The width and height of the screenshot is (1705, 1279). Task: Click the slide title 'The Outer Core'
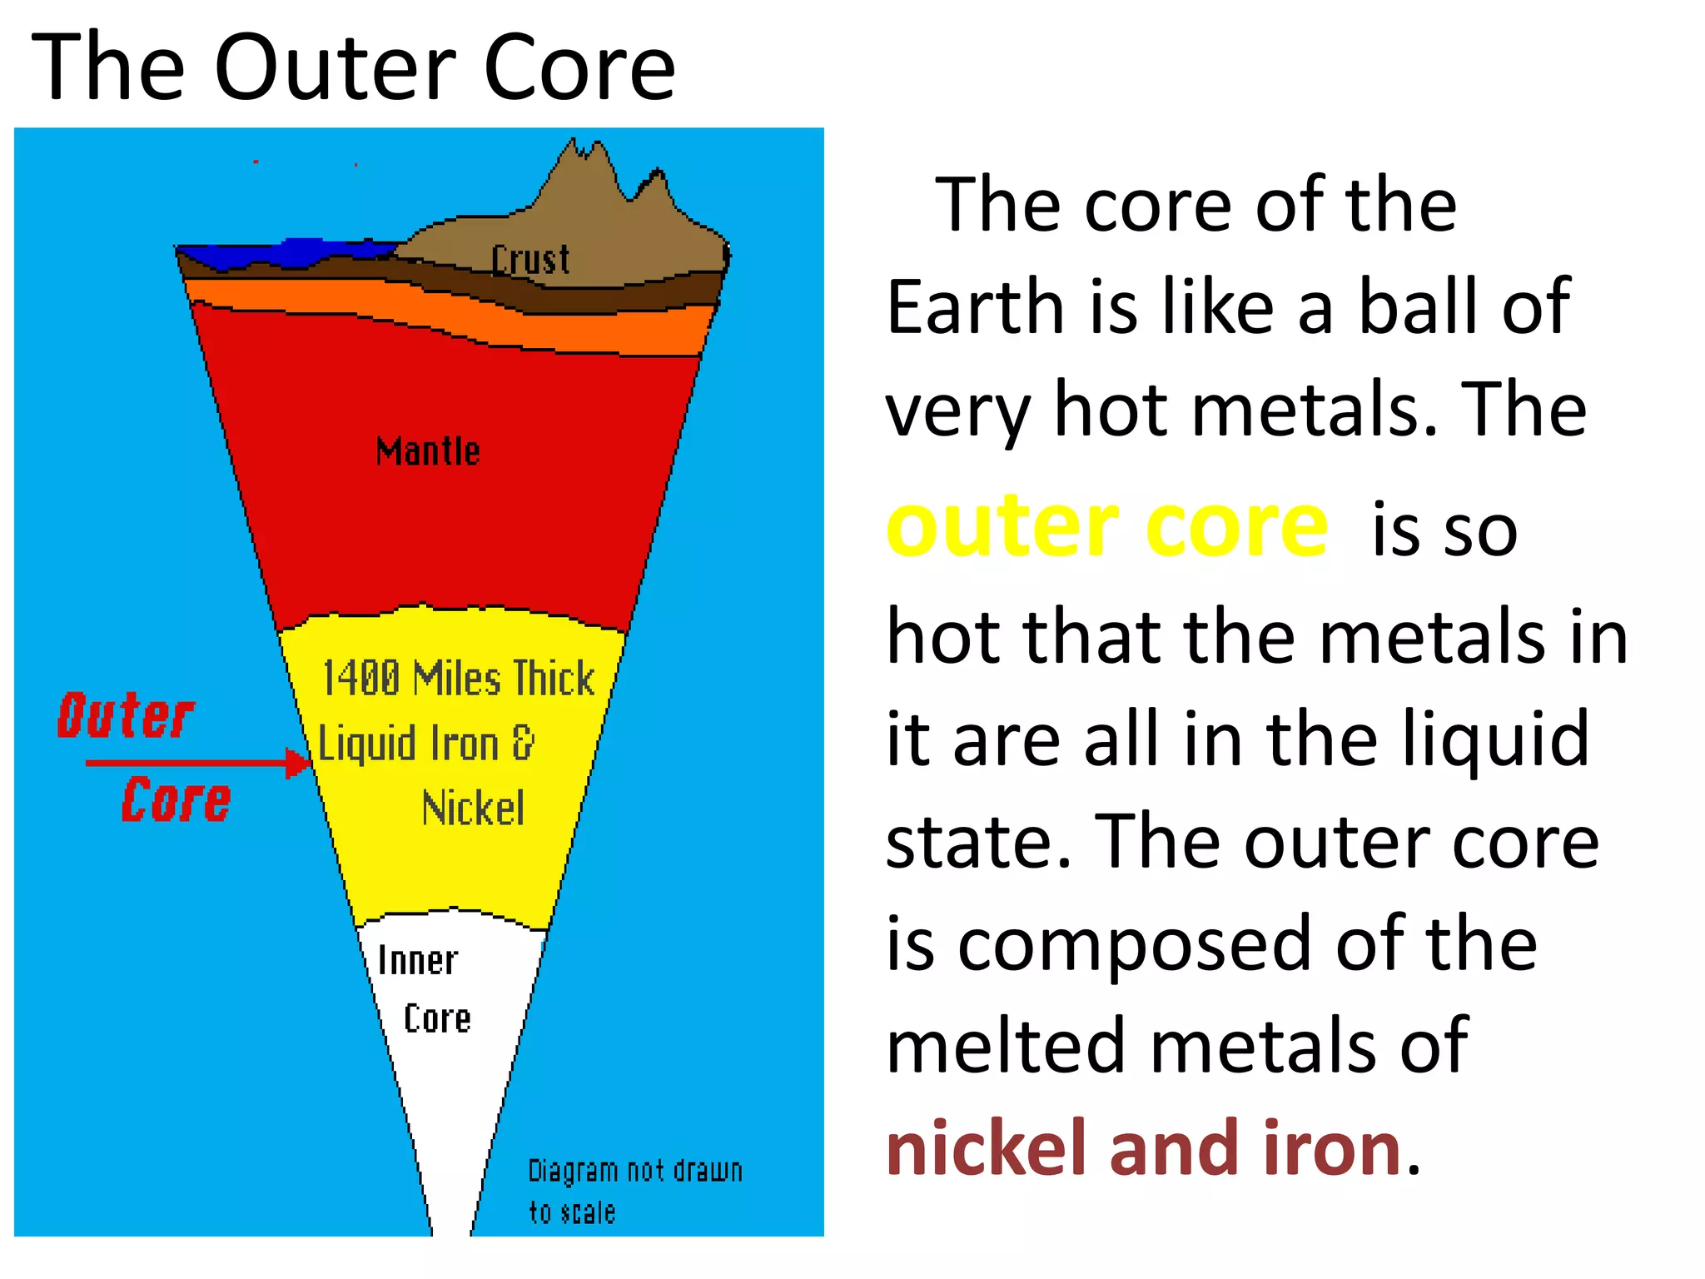pos(353,68)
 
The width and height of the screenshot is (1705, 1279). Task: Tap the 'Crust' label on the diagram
pos(530,260)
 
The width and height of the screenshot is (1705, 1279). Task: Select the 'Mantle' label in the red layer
pos(428,451)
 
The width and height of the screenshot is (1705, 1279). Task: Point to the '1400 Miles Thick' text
pos(458,678)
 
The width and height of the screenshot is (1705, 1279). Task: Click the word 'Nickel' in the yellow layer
pos(473,809)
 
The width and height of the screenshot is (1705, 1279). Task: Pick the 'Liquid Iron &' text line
pos(426,743)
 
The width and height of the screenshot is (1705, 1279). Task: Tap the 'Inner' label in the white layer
pos(417,961)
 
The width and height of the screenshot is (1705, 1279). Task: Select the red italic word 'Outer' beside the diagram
pos(126,716)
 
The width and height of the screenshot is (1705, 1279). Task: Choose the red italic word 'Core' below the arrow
pos(176,801)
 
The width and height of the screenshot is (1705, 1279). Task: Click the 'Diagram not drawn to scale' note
pos(634,1191)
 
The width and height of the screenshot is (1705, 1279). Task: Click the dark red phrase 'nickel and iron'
pos(1144,1149)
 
